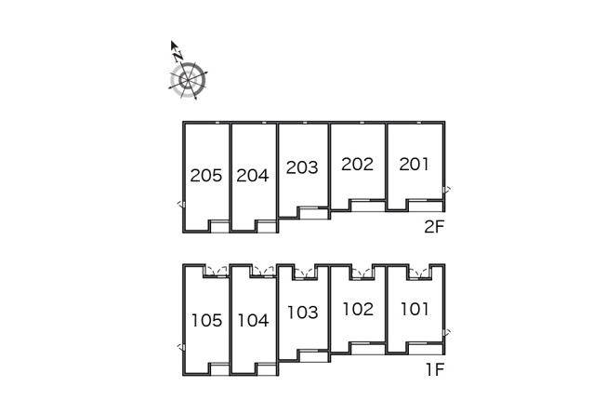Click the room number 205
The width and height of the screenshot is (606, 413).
206,176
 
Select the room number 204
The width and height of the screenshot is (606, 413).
253,176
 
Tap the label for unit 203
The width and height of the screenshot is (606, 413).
302,167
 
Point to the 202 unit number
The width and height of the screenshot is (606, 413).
358,164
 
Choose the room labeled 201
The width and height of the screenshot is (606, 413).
414,164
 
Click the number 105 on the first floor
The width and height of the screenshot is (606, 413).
207,321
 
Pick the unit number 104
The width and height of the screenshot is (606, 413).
253,321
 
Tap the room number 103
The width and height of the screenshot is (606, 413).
303,313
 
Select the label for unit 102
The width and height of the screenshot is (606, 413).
358,309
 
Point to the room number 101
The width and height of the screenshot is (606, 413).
415,309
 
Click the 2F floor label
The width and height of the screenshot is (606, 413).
434,227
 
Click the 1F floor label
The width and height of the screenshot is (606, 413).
435,369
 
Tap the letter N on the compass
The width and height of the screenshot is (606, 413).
178,56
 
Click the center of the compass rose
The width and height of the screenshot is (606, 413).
188,80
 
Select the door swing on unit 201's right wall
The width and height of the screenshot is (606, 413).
447,190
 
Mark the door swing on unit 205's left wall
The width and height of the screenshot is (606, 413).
181,205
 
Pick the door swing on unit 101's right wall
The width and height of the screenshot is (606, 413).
447,333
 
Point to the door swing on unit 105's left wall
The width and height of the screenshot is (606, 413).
181,347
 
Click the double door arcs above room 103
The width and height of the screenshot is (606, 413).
304,273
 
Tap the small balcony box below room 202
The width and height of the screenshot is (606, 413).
368,206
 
